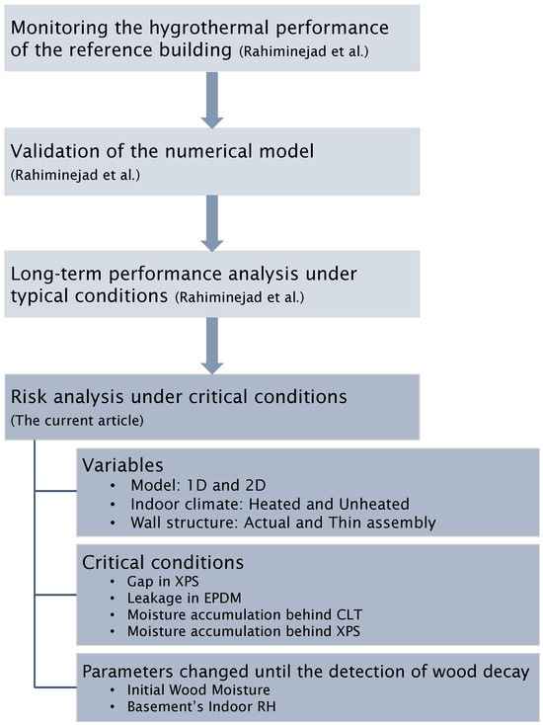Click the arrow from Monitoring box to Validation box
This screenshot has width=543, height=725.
212,100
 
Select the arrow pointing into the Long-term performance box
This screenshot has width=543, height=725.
212,223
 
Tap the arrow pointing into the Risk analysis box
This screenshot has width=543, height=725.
212,346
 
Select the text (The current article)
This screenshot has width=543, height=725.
77,421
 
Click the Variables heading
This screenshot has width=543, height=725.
123,464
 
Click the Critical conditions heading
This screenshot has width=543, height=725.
163,562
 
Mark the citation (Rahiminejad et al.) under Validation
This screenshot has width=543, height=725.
75,175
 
